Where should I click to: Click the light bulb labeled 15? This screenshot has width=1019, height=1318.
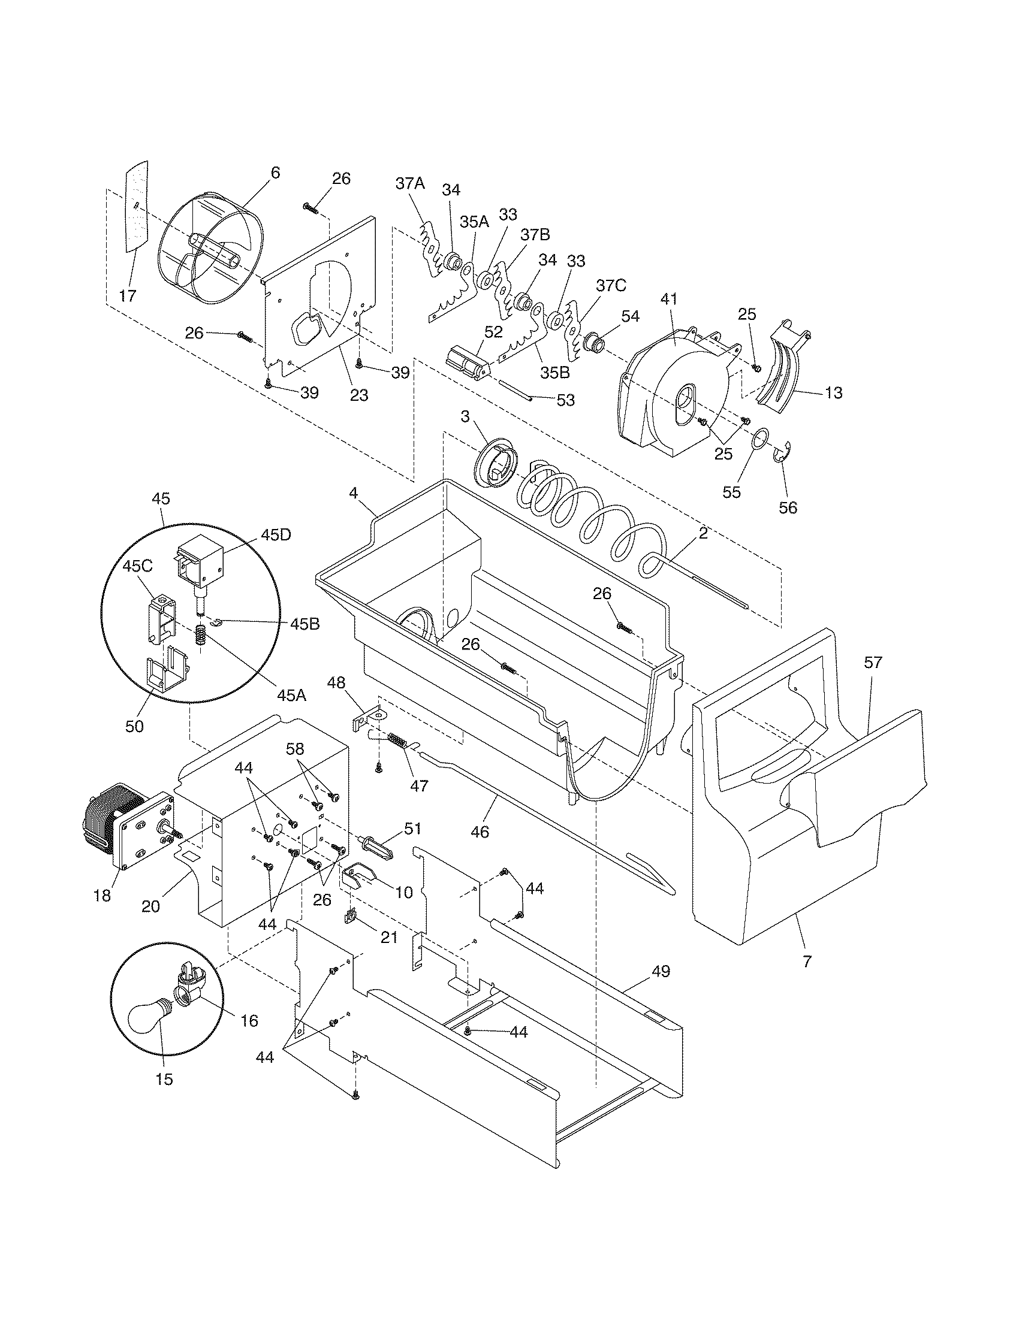(150, 1015)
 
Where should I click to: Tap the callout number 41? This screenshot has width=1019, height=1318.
(668, 299)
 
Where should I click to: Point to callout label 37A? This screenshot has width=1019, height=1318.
(410, 183)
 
